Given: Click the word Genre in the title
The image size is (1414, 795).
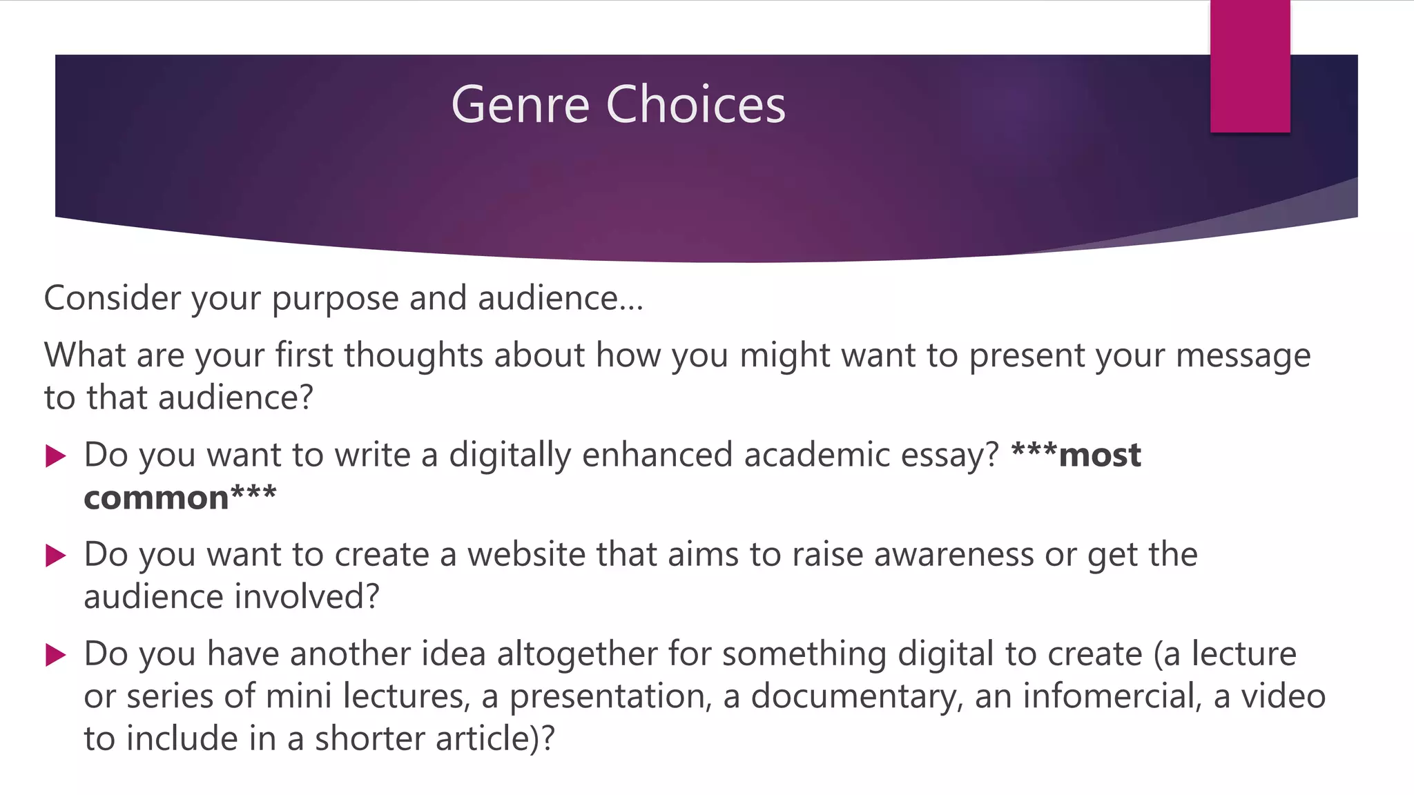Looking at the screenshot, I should tap(520, 105).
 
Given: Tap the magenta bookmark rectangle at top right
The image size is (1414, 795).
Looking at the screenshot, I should tap(1250, 66).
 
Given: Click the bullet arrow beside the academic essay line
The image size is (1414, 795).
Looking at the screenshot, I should tap(55, 455).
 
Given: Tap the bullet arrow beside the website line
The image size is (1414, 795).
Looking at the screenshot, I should tap(55, 555).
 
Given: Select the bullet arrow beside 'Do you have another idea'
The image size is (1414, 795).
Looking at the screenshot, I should tap(55, 654).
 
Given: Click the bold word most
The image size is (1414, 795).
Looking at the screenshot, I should tap(1099, 455).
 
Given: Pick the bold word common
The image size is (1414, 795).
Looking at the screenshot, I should tap(156, 498).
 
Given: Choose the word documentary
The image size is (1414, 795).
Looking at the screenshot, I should tap(856, 696).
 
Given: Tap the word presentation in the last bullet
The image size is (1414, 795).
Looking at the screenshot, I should tap(610, 696).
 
